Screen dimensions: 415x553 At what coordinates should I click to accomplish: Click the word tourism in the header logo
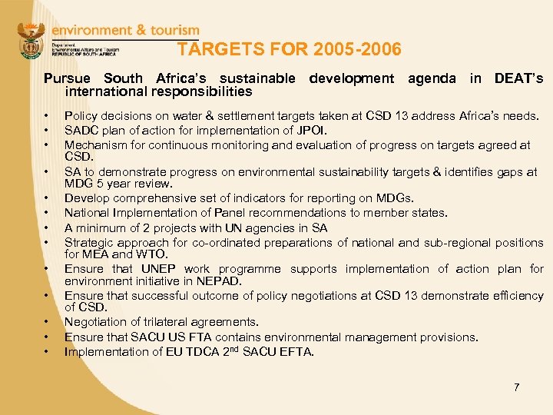pos(167,31)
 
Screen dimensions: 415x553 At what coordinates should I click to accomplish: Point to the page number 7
pos(516,387)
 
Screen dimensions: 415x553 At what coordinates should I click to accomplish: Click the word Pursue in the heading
pos(67,78)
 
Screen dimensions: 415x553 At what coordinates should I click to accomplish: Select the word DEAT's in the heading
pos(518,78)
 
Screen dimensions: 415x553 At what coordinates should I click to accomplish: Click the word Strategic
pos(91,242)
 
